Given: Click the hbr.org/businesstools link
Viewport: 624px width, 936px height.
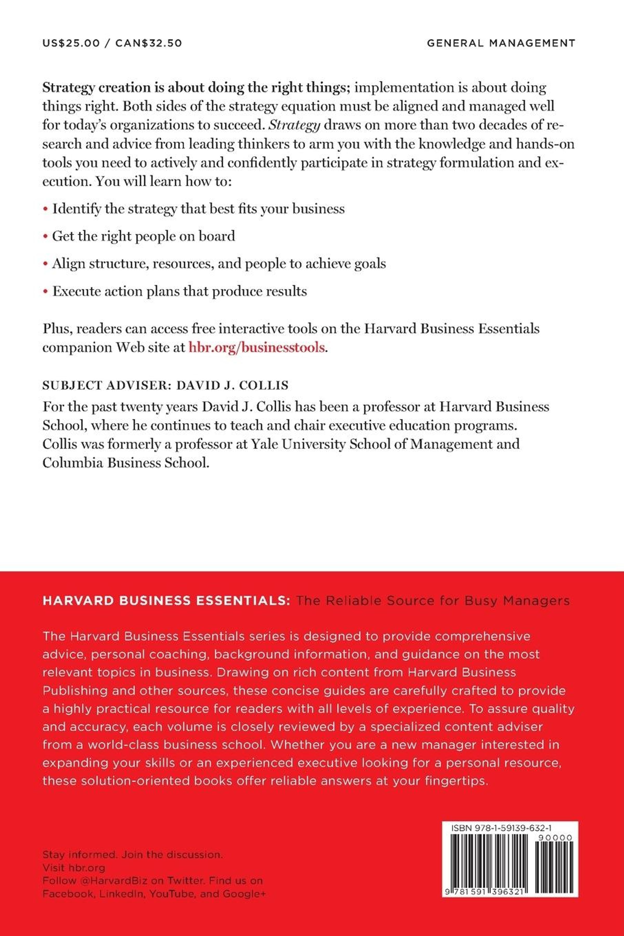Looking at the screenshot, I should click(x=257, y=347).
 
